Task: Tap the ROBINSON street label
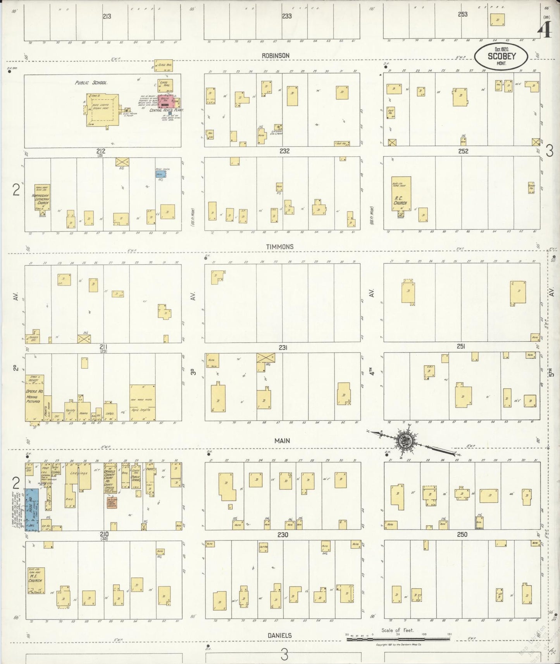(x=275, y=56)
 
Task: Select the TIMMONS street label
(x=279, y=247)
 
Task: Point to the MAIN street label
(x=282, y=441)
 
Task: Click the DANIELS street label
(x=279, y=635)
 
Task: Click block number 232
(x=284, y=151)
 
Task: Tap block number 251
(x=461, y=347)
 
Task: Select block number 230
(x=283, y=535)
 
